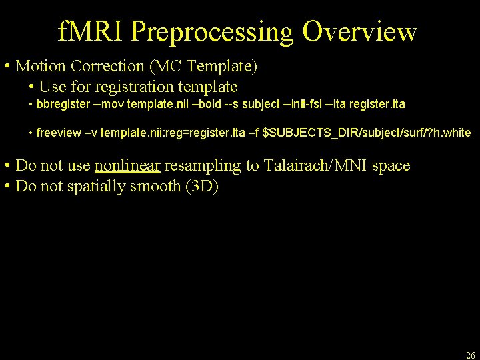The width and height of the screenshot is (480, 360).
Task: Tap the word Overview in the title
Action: point(360,31)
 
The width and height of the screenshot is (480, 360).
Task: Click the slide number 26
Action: point(471,355)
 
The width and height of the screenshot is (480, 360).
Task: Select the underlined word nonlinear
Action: point(128,165)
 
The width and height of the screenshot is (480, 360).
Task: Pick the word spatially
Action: point(95,186)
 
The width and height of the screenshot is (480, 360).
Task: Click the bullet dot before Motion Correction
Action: point(6,67)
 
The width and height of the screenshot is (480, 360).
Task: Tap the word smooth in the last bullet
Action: point(153,186)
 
